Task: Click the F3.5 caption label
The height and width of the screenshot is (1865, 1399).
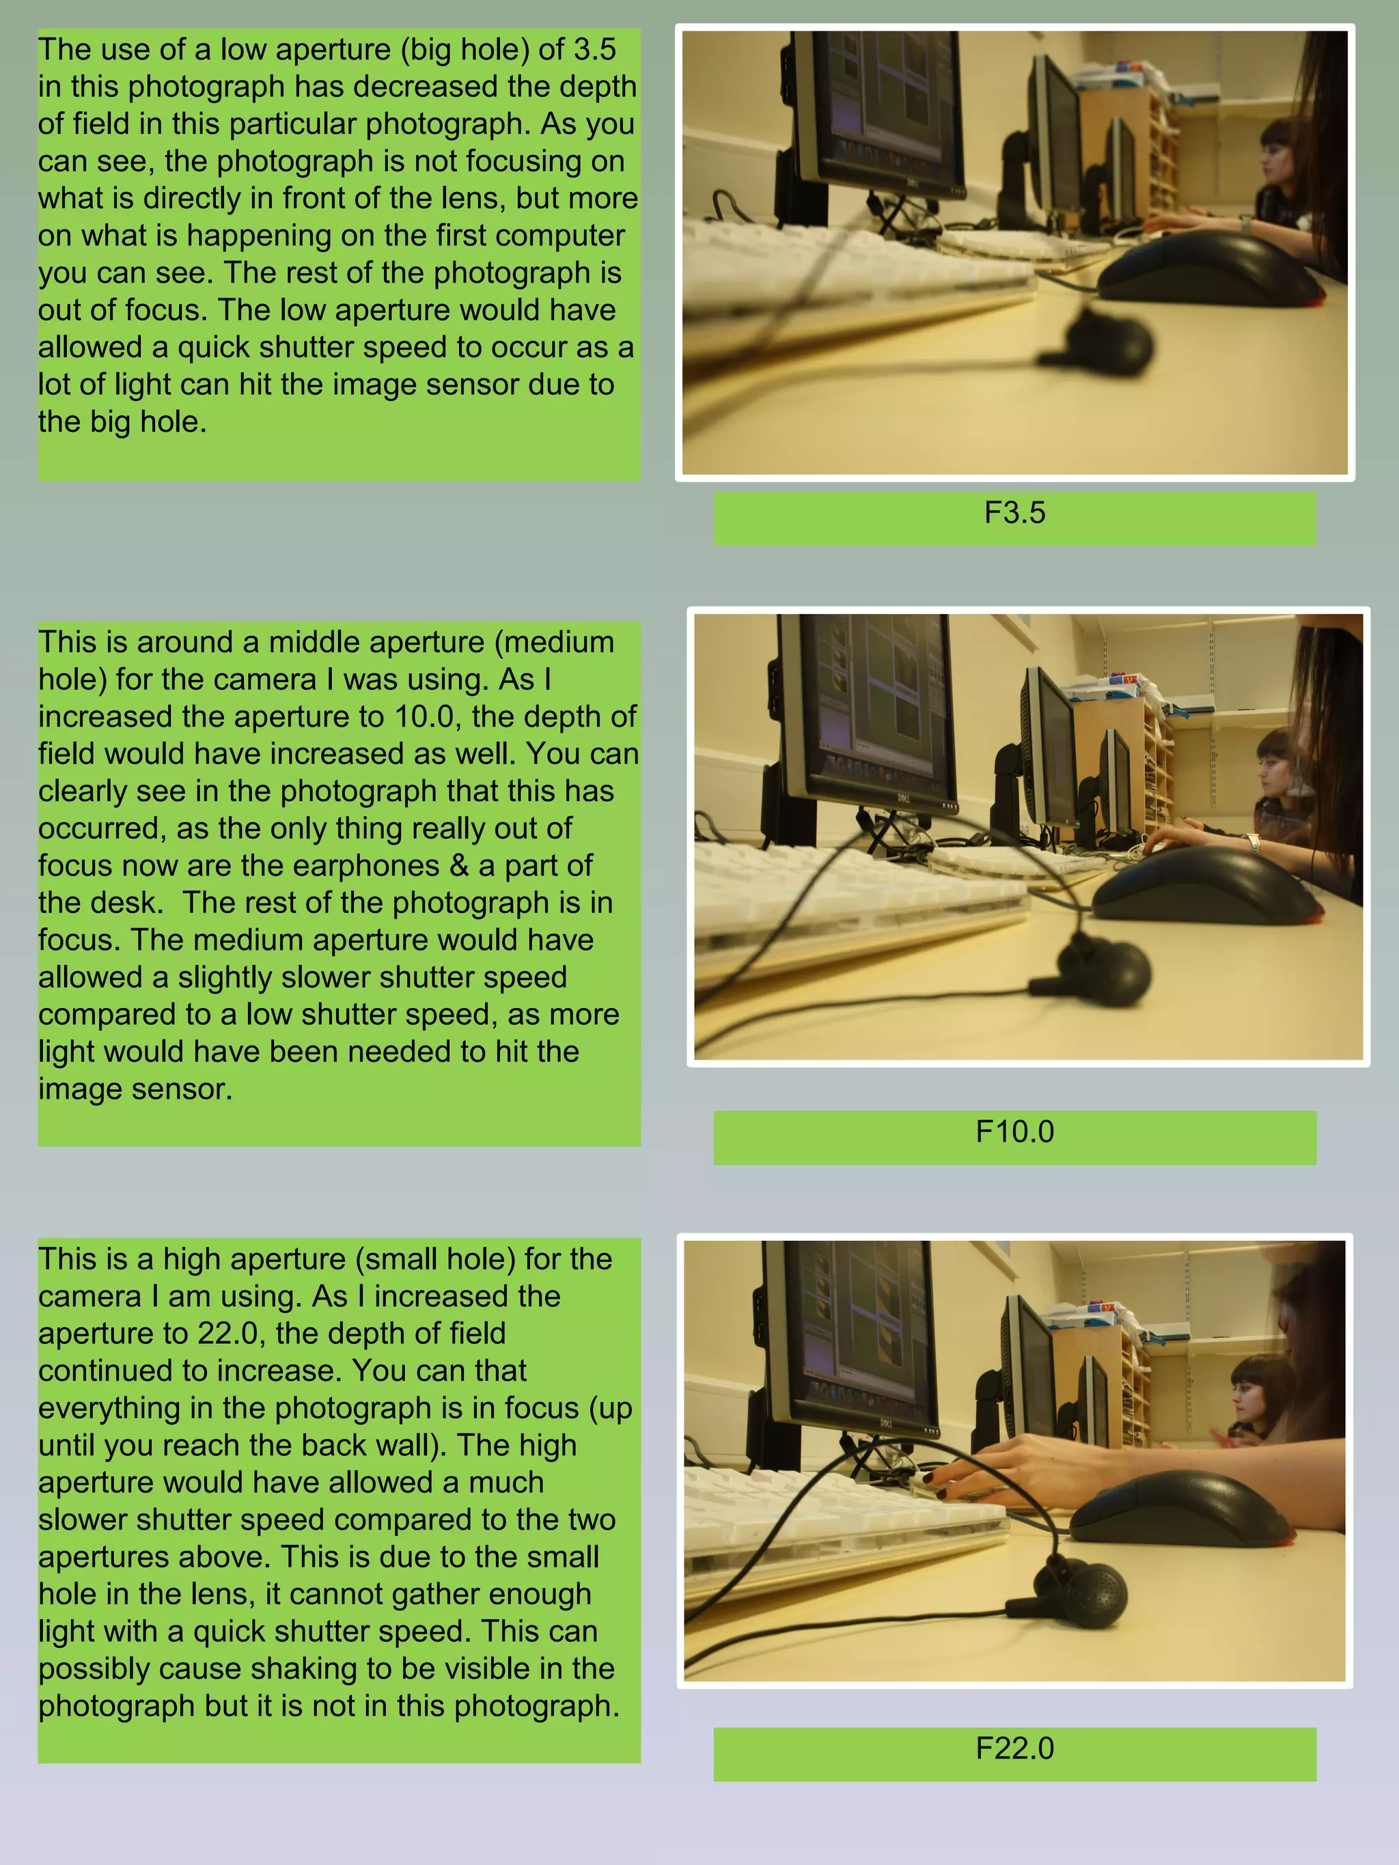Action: tap(1014, 514)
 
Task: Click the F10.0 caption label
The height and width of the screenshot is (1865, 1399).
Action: tap(1014, 1132)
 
